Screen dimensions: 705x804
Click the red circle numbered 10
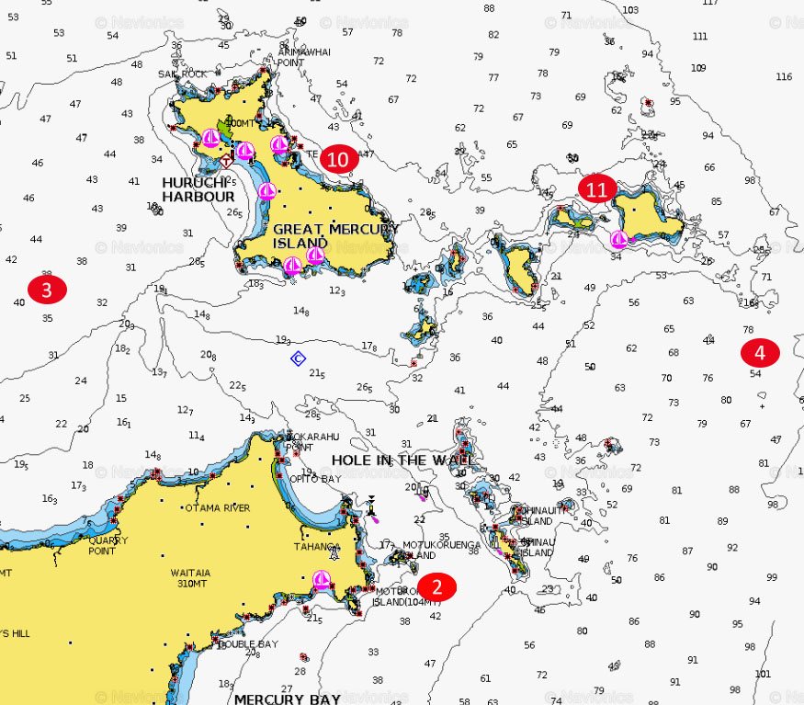(x=338, y=159)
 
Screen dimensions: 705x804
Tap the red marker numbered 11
(x=597, y=189)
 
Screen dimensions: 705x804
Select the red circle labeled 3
(x=47, y=290)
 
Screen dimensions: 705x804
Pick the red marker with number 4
(x=760, y=352)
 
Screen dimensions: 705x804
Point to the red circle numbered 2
(x=437, y=587)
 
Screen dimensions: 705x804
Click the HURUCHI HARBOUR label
(x=198, y=188)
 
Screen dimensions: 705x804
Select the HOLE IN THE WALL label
(x=402, y=460)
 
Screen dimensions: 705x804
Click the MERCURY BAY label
(x=287, y=699)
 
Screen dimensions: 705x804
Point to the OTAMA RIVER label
(x=218, y=507)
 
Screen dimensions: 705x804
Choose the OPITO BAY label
(x=315, y=479)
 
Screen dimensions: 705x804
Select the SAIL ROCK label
(x=182, y=74)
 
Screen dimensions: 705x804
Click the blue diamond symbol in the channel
(x=298, y=358)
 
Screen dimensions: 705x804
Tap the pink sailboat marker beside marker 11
(x=619, y=240)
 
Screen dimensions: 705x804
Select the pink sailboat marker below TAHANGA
(x=321, y=579)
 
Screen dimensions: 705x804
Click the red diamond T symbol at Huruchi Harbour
(x=225, y=162)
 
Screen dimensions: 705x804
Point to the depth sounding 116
(x=783, y=76)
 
